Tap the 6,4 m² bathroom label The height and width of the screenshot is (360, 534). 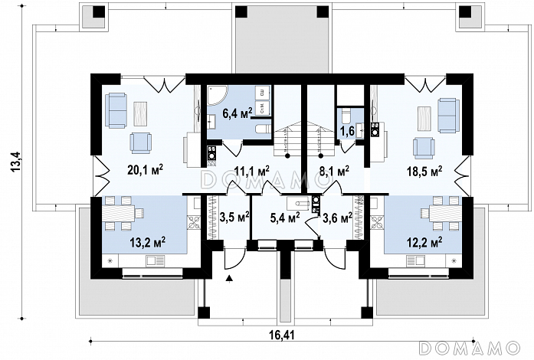(238, 112)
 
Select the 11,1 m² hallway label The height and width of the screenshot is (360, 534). (252, 169)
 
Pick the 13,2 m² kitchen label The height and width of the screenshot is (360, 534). (148, 243)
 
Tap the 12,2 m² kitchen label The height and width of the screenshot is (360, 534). (424, 243)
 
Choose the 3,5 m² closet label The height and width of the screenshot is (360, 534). (234, 217)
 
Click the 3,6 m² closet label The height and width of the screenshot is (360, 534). (338, 217)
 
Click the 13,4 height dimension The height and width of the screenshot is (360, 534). (18, 162)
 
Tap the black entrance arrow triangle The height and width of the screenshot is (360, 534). (230, 279)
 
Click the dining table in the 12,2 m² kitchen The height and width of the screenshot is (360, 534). (441, 214)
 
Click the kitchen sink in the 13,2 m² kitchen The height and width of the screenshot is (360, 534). (156, 260)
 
